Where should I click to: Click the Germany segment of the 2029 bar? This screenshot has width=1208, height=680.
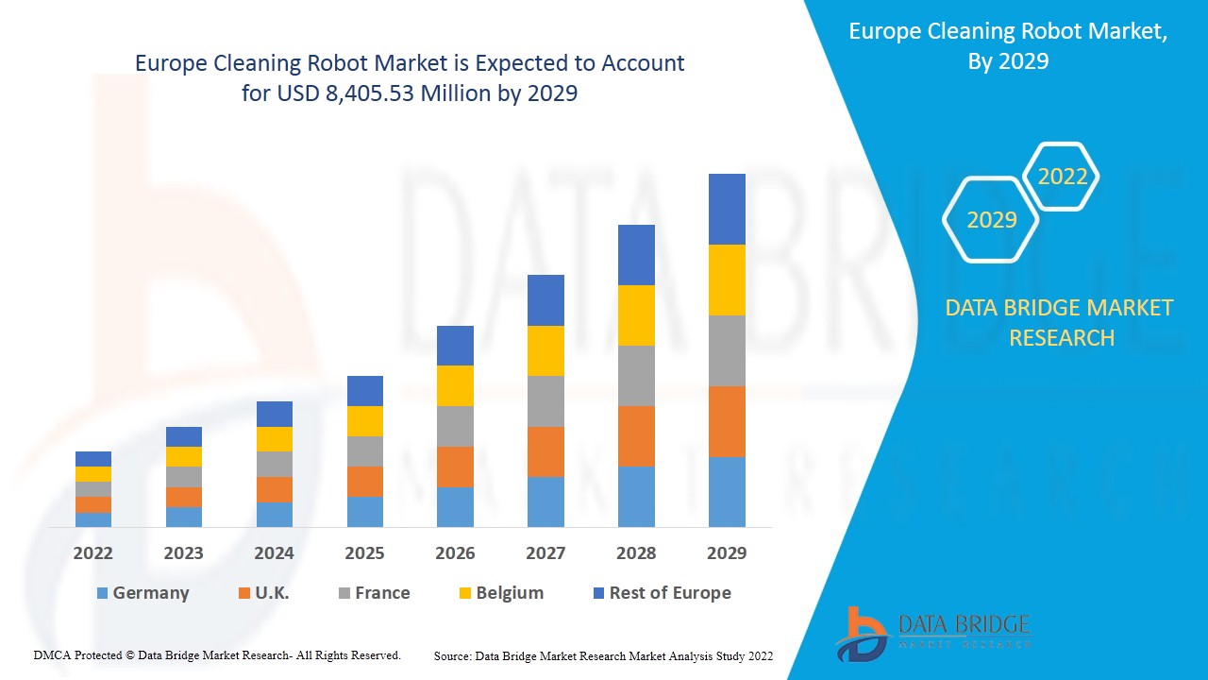[x=727, y=491]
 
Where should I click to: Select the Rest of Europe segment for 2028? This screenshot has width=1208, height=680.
[x=636, y=255]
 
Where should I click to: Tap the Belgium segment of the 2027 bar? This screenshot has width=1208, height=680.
[x=545, y=350]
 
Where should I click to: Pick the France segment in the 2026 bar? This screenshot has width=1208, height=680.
[x=455, y=426]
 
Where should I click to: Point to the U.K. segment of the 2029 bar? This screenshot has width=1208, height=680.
[x=727, y=421]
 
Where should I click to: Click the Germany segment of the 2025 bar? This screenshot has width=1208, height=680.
[x=365, y=511]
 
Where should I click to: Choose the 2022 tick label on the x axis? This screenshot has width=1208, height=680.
[x=93, y=553]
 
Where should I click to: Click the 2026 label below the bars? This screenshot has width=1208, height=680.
[x=455, y=553]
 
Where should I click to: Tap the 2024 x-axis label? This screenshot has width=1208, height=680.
[x=275, y=553]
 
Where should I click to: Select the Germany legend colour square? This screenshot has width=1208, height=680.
[x=102, y=593]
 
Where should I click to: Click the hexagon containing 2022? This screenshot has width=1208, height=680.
[x=1063, y=177]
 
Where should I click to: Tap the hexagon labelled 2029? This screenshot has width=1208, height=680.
[x=991, y=220]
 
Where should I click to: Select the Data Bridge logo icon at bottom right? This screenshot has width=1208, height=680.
[x=861, y=633]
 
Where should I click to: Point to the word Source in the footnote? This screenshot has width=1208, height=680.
[x=452, y=655]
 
